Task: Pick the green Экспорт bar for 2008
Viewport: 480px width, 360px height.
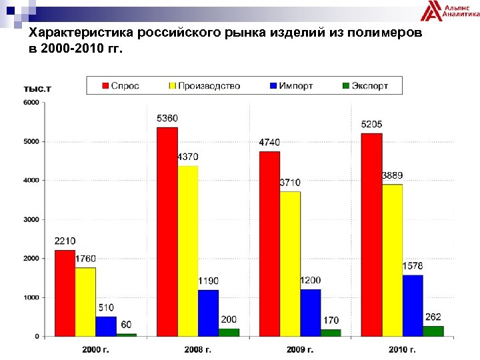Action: pyautogui.click(x=229, y=332)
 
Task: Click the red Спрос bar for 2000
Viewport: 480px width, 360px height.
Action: pyautogui.click(x=65, y=293)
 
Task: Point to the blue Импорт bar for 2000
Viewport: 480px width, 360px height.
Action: pyautogui.click(x=105, y=326)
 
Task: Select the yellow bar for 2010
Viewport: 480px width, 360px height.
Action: pyautogui.click(x=392, y=260)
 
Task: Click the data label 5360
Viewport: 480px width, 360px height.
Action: pyautogui.click(x=167, y=119)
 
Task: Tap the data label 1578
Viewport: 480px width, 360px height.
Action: pyautogui.click(x=413, y=266)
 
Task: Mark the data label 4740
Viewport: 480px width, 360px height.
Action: pyautogui.click(x=269, y=143)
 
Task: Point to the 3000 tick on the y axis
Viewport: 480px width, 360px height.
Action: pyautogui.click(x=31, y=219)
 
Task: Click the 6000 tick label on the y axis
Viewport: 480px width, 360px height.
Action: pyautogui.click(x=31, y=102)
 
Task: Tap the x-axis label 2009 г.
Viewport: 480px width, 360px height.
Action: pyautogui.click(x=300, y=349)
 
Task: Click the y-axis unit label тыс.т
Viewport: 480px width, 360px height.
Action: pyautogui.click(x=37, y=88)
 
